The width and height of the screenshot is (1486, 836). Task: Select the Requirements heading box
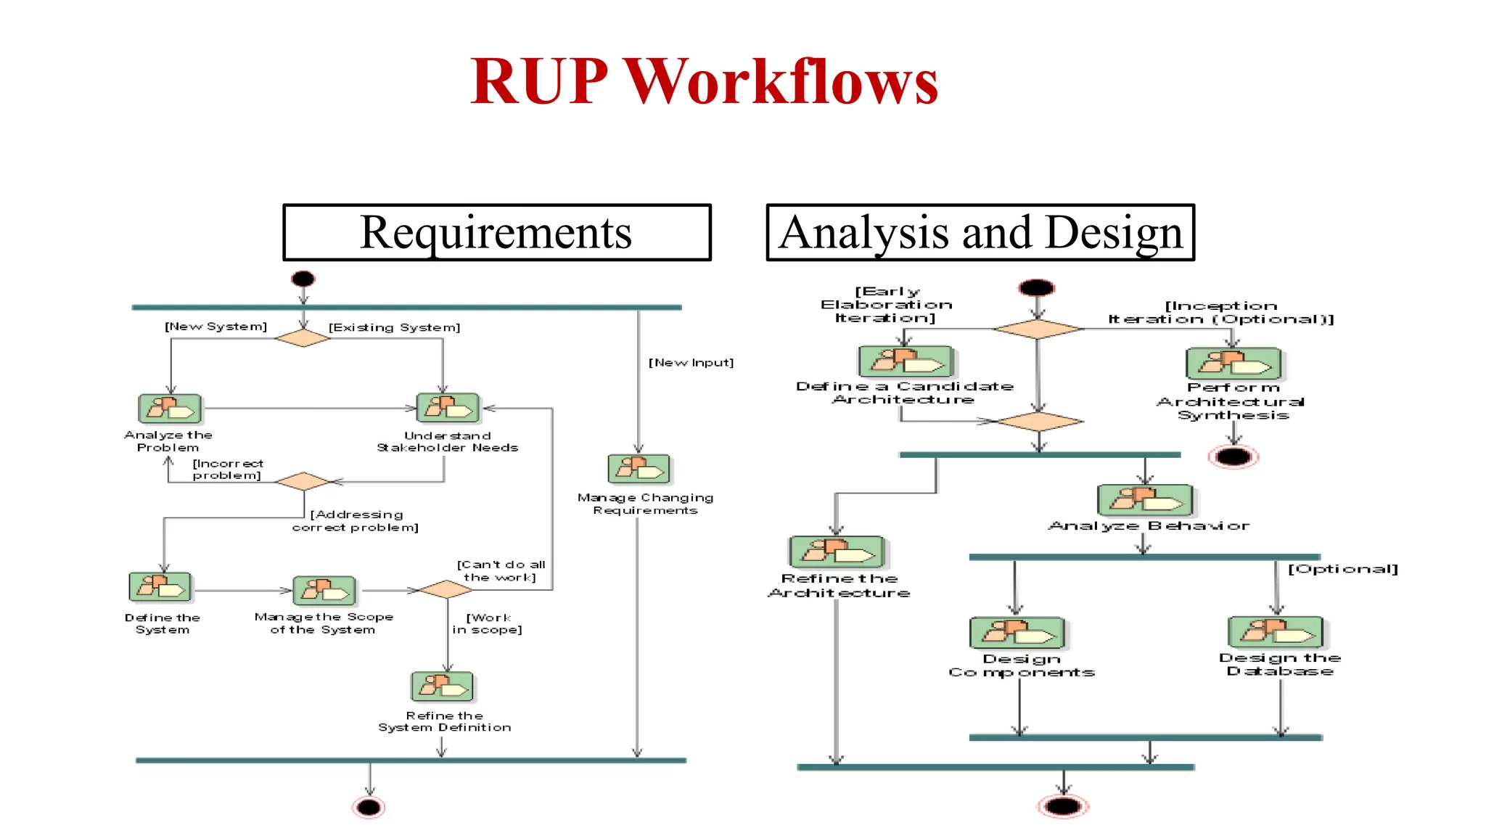(x=497, y=232)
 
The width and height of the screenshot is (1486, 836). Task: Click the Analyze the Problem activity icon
(x=170, y=409)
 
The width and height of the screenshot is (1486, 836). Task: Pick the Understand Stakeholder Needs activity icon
(x=448, y=408)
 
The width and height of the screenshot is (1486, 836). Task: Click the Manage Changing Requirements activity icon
(x=639, y=469)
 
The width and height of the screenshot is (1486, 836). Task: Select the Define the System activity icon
(x=160, y=587)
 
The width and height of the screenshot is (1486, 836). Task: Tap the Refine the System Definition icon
(x=442, y=686)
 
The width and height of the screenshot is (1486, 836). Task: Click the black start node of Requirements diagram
(x=303, y=279)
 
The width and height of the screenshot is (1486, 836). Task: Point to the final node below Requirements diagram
(x=369, y=807)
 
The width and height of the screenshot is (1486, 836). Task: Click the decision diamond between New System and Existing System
(x=303, y=338)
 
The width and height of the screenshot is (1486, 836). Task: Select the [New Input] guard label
(x=691, y=362)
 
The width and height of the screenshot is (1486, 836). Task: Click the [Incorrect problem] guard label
(x=227, y=469)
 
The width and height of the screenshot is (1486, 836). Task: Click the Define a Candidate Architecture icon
(x=905, y=361)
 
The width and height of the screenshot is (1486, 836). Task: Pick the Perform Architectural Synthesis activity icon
(x=1233, y=363)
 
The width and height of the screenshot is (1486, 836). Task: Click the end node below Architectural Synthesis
(x=1233, y=456)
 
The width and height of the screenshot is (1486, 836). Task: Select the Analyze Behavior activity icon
(x=1144, y=500)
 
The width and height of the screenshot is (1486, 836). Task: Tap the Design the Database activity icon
(x=1275, y=631)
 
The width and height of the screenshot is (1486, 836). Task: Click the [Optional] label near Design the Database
(x=1342, y=569)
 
